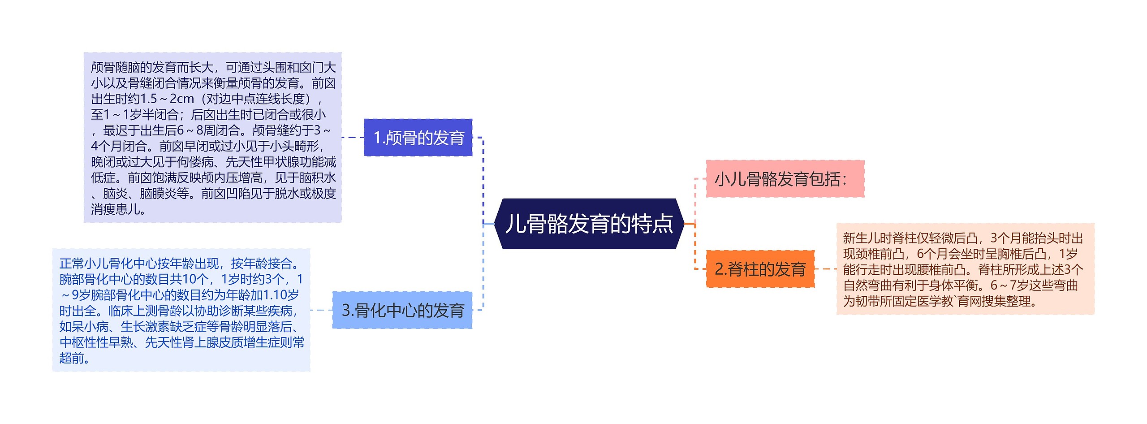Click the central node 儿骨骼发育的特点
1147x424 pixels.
(589, 224)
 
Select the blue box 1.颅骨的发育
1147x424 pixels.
(418, 138)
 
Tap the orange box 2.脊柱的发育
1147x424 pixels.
(760, 269)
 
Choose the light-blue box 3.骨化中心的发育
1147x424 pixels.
(402, 310)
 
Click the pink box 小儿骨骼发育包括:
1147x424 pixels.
(785, 179)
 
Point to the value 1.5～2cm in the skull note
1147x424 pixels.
(167, 99)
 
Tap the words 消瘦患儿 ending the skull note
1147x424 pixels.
(116, 209)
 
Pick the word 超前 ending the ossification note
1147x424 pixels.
(72, 358)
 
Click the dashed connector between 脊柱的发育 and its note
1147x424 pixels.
(825, 269)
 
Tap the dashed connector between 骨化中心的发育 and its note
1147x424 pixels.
(321, 310)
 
